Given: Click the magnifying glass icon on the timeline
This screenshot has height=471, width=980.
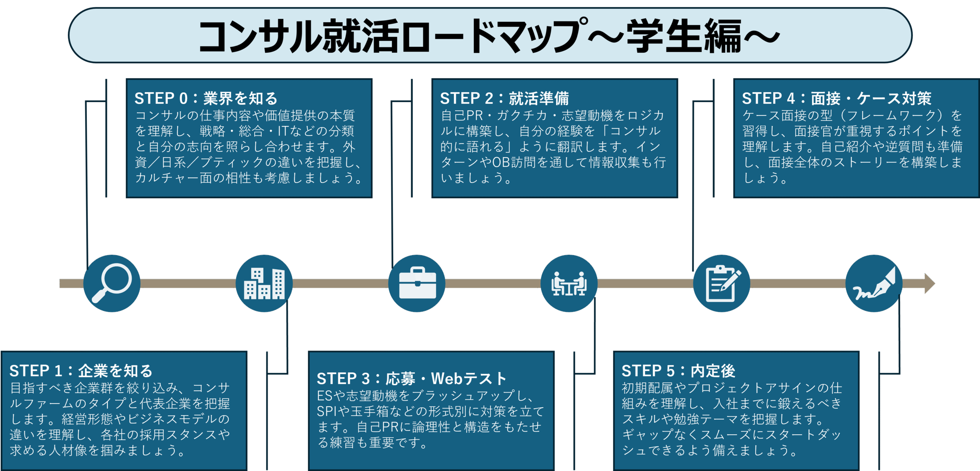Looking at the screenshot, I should [112, 283].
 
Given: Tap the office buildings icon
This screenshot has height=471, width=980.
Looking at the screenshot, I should [264, 284].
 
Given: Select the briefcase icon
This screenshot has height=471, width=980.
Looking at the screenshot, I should [417, 284].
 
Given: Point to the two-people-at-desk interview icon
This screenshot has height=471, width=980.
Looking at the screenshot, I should [569, 284].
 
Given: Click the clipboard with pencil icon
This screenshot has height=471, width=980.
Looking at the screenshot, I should [722, 284].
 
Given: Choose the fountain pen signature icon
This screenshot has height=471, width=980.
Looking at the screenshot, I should [874, 284].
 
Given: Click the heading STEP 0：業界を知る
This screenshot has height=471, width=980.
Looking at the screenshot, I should [206, 99].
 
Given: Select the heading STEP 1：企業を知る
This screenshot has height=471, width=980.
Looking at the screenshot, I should [81, 371].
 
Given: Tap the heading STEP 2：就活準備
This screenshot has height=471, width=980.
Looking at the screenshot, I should [504, 99].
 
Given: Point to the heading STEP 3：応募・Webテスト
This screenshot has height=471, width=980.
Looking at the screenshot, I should [412, 379].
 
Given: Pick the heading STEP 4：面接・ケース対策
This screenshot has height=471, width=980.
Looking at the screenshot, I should [836, 99].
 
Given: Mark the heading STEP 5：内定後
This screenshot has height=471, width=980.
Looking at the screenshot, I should [678, 371].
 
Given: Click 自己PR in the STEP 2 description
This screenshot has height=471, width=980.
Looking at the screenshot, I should [462, 116].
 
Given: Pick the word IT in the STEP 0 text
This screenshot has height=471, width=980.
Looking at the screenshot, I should [283, 131].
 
